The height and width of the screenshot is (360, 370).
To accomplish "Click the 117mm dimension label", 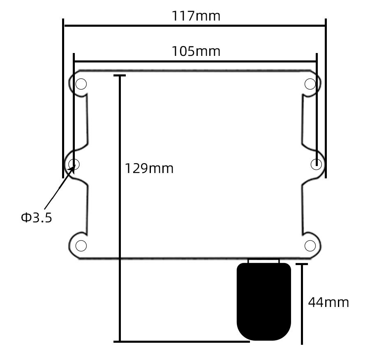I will point(196,16).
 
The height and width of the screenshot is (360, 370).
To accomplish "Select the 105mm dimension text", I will point(196,51).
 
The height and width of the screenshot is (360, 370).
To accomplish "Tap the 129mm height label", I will point(149,168).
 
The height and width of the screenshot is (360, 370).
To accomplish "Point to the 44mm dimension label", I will point(328,302).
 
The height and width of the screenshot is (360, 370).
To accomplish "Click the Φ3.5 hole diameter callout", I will point(37,217).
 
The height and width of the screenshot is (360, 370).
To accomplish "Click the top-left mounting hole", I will point(81,84).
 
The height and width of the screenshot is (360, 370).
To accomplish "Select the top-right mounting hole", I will point(310,84).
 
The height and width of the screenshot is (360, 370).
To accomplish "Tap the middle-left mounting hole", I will point(74,164).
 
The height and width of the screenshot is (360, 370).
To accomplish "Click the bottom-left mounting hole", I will point(81,246).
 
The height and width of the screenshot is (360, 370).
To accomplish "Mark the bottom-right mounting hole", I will point(310,246).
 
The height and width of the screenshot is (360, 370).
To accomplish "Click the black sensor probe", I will point(264,302).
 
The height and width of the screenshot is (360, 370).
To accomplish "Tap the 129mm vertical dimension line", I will point(120,247).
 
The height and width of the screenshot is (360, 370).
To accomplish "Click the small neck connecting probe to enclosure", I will point(264,261).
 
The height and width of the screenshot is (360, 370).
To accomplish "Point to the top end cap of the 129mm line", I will point(120,76).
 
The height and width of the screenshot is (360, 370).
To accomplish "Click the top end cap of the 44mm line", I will point(302,264).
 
